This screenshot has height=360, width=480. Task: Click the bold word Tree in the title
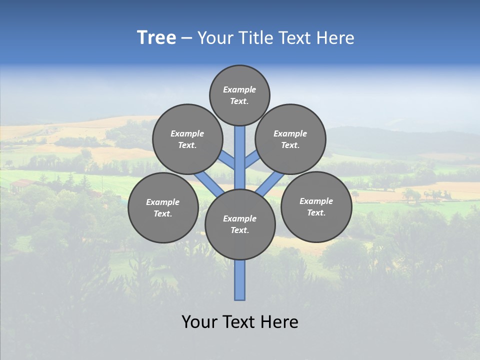(x=156, y=38)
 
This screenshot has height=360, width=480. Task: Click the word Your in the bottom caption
(x=200, y=322)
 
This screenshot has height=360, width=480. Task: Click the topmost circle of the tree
(x=239, y=95)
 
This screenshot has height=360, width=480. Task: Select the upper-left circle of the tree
(x=187, y=139)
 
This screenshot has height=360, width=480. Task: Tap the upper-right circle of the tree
(x=290, y=139)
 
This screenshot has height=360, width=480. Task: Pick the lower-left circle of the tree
(x=163, y=207)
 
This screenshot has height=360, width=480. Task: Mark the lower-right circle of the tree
(x=316, y=206)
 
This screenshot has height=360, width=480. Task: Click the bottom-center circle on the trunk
(x=240, y=224)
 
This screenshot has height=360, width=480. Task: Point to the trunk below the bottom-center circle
(x=240, y=280)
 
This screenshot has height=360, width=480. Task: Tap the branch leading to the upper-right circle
(x=252, y=160)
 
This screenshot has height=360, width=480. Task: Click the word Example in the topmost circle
(x=239, y=90)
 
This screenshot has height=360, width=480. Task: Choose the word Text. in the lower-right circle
(x=316, y=212)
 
